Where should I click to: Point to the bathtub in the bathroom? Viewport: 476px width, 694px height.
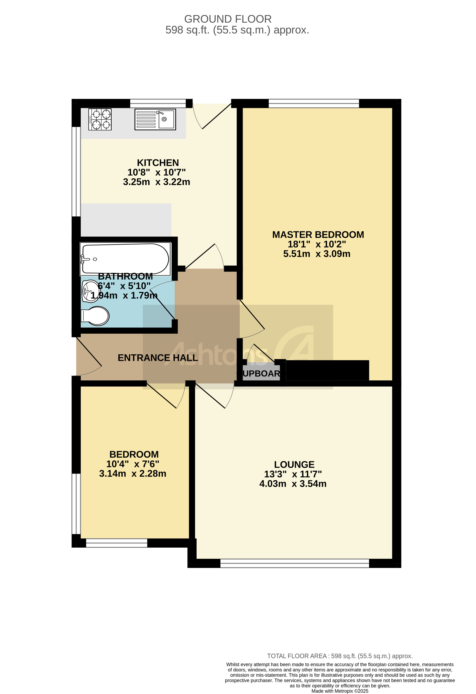tap(125, 259)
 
